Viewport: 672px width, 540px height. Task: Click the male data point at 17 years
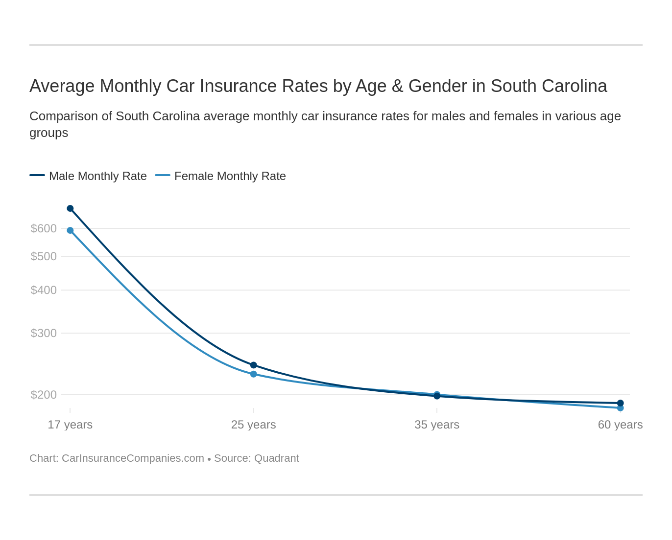[x=70, y=208]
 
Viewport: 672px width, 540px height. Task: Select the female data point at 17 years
[x=70, y=230]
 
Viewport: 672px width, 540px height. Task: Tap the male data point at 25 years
[x=254, y=365]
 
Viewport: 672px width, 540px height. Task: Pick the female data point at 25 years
[x=254, y=374]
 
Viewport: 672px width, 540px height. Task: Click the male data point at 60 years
[x=620, y=403]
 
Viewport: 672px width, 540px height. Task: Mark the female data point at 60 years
[x=620, y=408]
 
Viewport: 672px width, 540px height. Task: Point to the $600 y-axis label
[x=44, y=228]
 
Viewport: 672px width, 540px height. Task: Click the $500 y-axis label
[x=44, y=256]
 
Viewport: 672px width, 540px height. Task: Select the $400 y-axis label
[x=44, y=290]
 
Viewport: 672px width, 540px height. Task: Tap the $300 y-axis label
[x=44, y=333]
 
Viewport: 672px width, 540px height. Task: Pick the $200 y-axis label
[x=44, y=395]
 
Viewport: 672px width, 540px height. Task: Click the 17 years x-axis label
[x=70, y=425]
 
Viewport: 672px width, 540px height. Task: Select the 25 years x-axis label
[x=254, y=425]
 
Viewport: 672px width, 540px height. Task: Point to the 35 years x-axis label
[x=437, y=425]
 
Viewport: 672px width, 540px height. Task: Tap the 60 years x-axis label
[x=620, y=425]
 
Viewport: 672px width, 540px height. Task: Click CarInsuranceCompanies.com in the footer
[x=133, y=458]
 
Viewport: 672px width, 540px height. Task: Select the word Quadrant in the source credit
[x=277, y=458]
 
